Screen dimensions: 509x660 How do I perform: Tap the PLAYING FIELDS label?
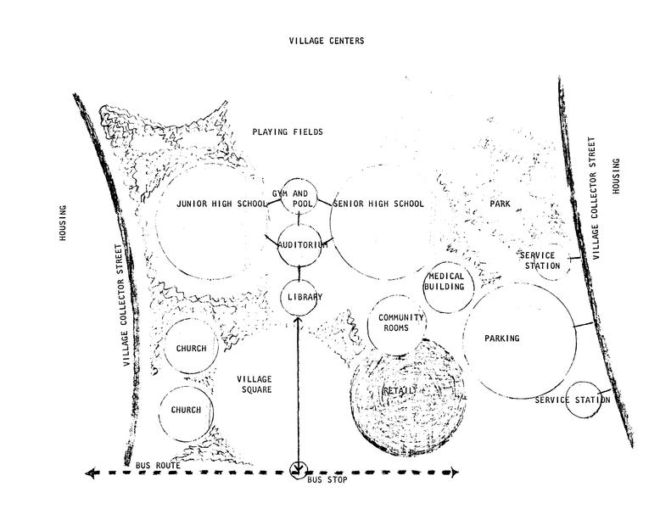pyautogui.click(x=288, y=131)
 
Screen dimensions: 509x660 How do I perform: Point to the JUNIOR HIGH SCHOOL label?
pyautogui.click(x=221, y=204)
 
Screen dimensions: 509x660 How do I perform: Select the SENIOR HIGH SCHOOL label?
pyautogui.click(x=378, y=204)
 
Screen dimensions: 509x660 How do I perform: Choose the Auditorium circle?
pyautogui.click(x=301, y=244)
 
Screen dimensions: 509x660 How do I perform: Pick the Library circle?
pyautogui.click(x=303, y=296)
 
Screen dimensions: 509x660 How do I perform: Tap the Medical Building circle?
pyautogui.click(x=446, y=282)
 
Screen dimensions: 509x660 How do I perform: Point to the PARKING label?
pyautogui.click(x=501, y=339)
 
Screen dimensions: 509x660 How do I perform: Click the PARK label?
pyautogui.click(x=499, y=204)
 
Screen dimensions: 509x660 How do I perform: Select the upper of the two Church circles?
pyautogui.click(x=191, y=348)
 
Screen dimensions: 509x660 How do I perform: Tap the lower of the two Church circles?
pyautogui.click(x=186, y=411)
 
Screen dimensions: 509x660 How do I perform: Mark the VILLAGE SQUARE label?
pyautogui.click(x=254, y=384)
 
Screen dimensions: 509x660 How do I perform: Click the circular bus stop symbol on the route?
pyautogui.click(x=298, y=469)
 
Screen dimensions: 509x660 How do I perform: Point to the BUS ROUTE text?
pyautogui.click(x=158, y=467)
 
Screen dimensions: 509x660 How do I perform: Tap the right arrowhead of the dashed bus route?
pyautogui.click(x=456, y=472)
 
